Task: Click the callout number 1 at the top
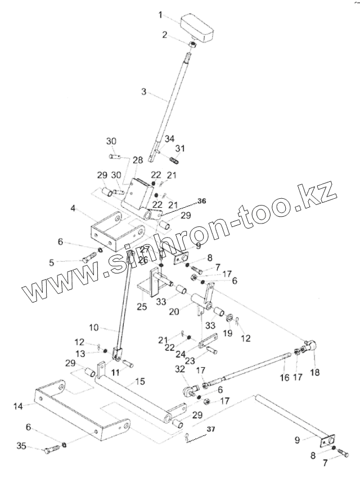pos(160,14)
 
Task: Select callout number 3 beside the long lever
pos(145,92)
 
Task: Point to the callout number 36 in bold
pos(201,201)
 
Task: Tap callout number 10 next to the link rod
pos(94,327)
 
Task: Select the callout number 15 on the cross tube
pos(140,381)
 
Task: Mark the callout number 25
pos(142,307)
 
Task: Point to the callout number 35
pos(21,447)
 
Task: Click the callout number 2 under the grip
pos(164,35)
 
